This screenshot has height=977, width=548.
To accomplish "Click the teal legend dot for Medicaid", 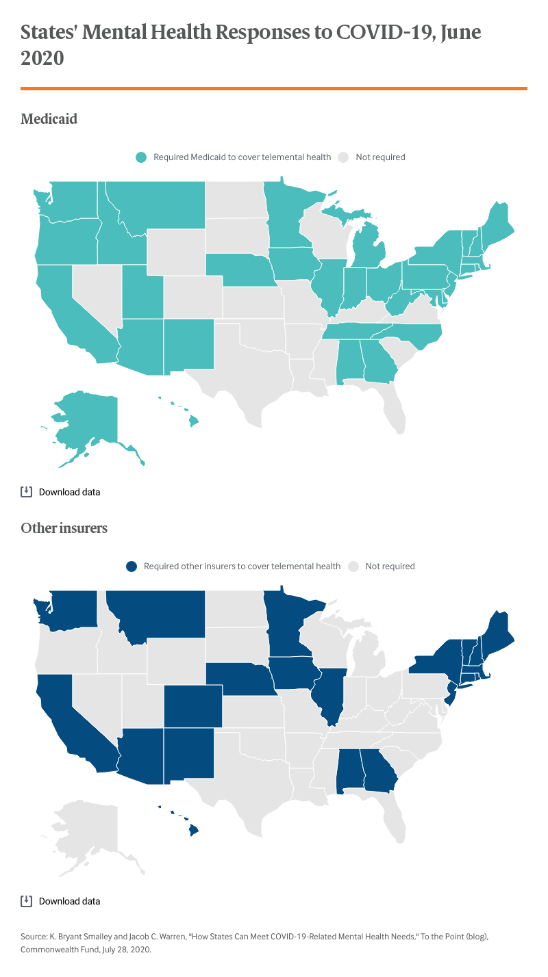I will point(141,157).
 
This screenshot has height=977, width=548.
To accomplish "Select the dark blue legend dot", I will point(132,566).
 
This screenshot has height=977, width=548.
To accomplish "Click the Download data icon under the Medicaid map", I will point(27,491).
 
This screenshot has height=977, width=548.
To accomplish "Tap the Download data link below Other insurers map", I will point(69,901).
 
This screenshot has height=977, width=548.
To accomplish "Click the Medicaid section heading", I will point(49,119).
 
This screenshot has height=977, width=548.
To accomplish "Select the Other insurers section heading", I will point(64,528).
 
